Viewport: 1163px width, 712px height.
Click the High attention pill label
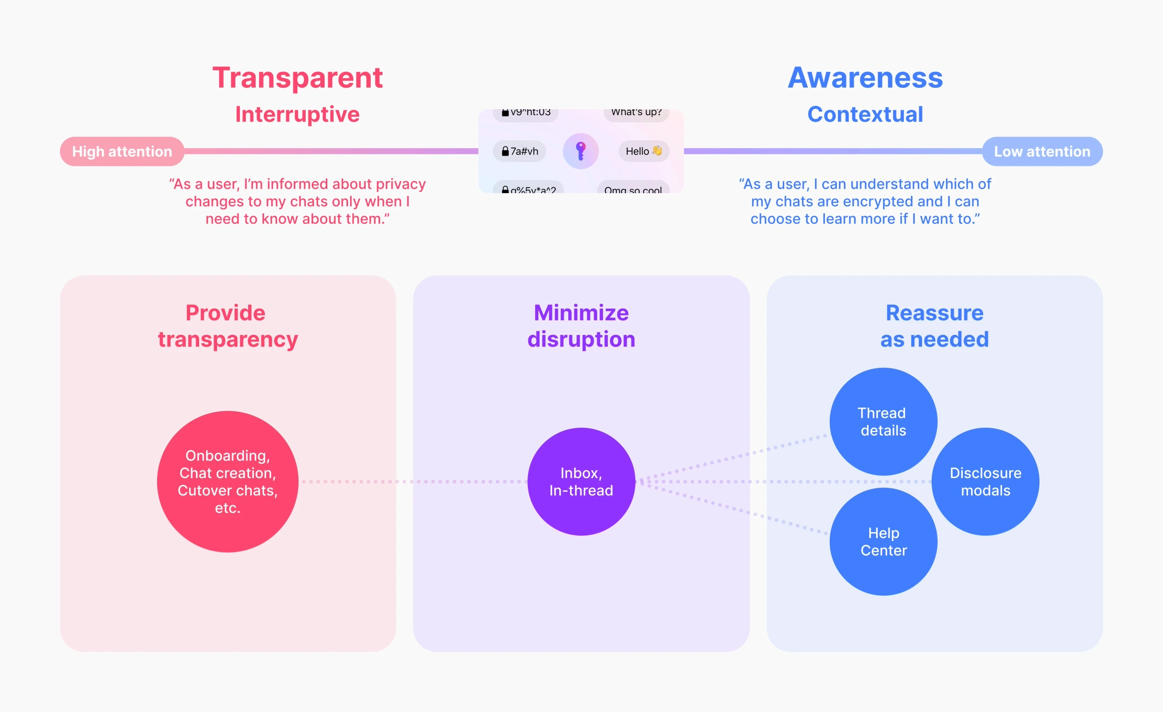tap(122, 152)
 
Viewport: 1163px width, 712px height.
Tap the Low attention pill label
tap(1042, 152)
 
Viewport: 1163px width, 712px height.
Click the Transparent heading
tap(297, 78)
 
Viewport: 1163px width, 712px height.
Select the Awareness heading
tap(865, 78)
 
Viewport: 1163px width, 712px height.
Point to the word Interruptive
tap(297, 114)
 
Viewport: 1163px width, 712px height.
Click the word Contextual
tap(865, 114)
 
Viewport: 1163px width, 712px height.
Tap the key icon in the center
tap(581, 151)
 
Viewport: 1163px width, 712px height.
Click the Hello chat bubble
tap(643, 151)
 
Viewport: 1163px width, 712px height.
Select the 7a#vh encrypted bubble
tap(520, 151)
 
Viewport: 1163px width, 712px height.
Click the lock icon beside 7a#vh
tap(505, 151)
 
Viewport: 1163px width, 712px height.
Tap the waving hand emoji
tap(657, 151)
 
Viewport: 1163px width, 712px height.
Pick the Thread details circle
tap(883, 421)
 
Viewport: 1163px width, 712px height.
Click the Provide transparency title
tap(227, 326)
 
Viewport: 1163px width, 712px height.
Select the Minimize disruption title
tap(581, 326)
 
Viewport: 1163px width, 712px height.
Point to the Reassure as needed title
tap(934, 326)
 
